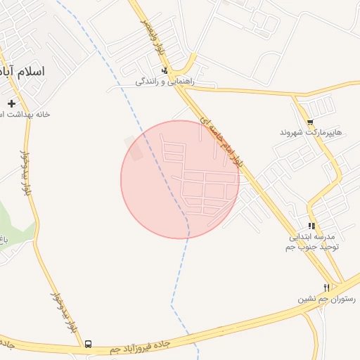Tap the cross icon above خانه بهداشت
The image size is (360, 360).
11,104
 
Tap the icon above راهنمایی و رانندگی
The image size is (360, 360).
165,71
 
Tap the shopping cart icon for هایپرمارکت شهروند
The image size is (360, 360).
310,122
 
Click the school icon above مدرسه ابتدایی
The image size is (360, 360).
311,226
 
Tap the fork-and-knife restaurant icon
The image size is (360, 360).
326,288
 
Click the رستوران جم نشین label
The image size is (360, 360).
326,298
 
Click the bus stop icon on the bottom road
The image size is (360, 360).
88,344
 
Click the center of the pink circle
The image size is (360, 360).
180,179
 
